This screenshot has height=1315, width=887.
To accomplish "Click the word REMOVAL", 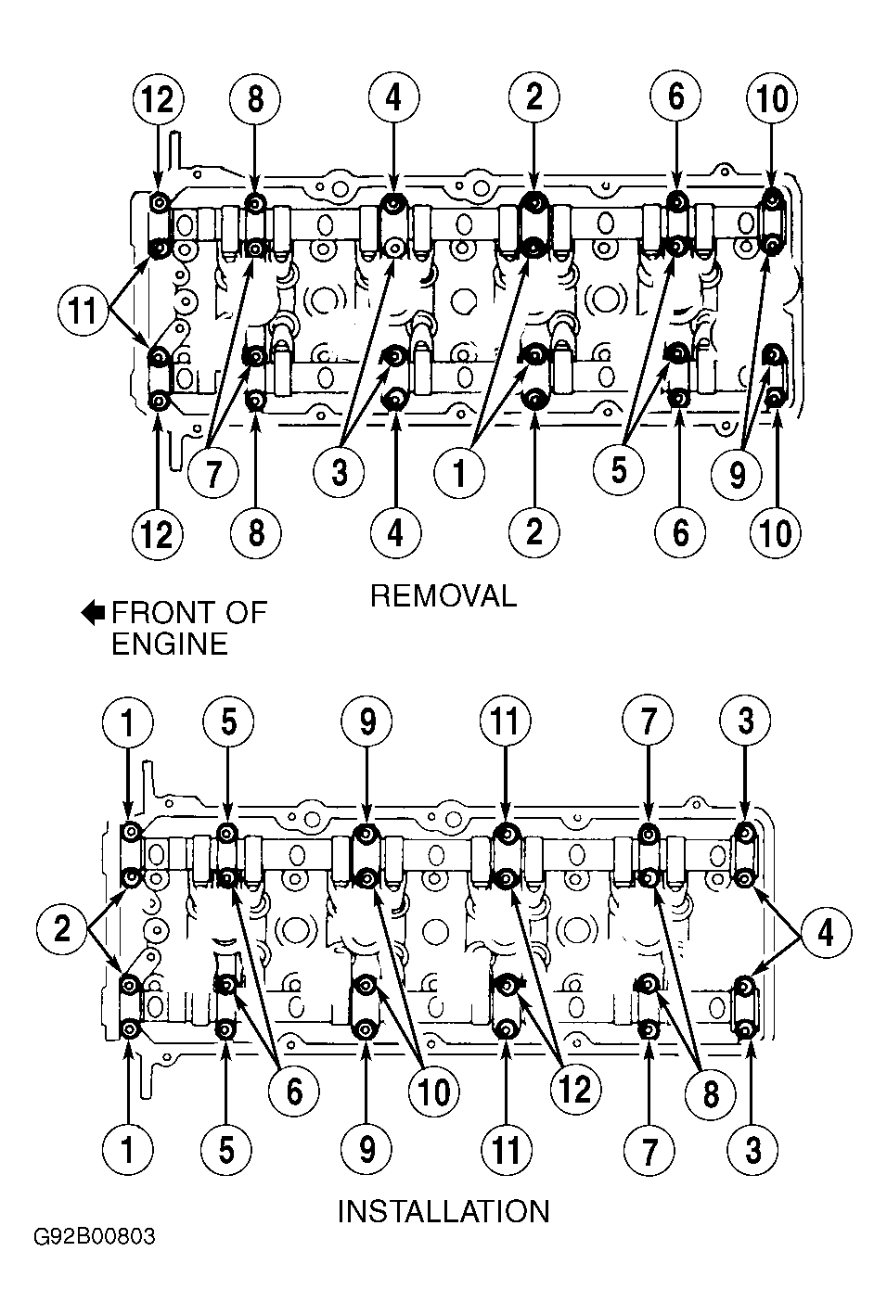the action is [x=443, y=596].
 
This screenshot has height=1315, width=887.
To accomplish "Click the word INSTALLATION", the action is [x=443, y=1211].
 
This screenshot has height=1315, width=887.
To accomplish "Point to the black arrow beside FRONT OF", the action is [x=92, y=614].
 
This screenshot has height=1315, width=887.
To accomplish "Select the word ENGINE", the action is [x=169, y=644].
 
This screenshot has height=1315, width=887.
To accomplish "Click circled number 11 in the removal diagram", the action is [x=83, y=310].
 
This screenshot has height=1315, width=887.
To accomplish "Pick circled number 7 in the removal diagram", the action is [x=213, y=473].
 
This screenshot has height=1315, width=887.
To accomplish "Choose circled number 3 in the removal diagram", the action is [x=339, y=471].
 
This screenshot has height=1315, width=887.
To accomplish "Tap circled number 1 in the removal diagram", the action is [x=459, y=471].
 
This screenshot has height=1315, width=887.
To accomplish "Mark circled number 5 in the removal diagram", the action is [x=619, y=469].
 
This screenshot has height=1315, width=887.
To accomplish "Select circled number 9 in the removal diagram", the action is [x=737, y=473].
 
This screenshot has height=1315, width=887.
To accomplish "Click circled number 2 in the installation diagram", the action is [x=61, y=929].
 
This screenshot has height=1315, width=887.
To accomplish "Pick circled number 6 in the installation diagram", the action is [x=294, y=1092].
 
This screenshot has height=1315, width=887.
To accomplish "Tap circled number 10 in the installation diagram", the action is [x=433, y=1092].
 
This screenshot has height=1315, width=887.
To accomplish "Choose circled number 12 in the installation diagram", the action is [x=575, y=1090].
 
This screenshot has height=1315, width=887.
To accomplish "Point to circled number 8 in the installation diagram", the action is [x=711, y=1093].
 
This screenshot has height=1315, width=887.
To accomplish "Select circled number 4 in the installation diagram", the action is [x=826, y=932].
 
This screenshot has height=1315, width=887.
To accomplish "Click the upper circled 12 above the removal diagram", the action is [x=158, y=98].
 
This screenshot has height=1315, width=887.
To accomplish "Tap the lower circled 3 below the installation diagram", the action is [x=752, y=1150].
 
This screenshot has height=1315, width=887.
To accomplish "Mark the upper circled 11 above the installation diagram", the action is [x=505, y=721].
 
